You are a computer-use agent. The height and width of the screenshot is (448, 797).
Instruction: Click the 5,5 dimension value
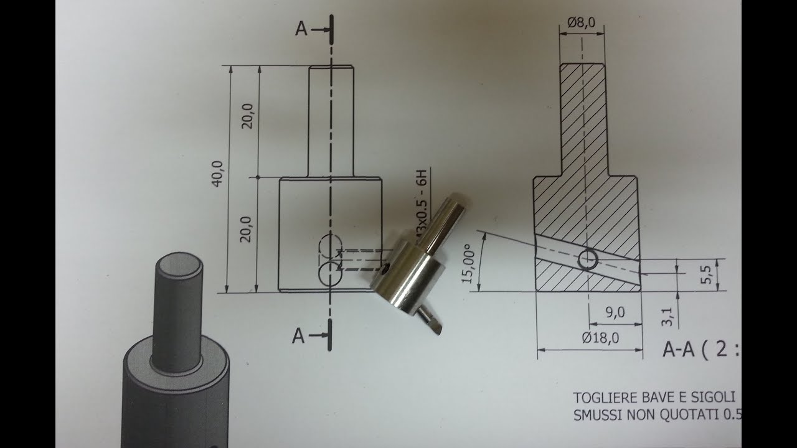(706, 274)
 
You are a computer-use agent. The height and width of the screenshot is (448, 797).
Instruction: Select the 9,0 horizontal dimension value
(615, 313)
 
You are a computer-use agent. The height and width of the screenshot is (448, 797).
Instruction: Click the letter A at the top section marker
(301, 29)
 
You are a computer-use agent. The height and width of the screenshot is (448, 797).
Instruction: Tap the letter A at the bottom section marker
(299, 337)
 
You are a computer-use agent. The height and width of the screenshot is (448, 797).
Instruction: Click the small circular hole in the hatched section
(587, 259)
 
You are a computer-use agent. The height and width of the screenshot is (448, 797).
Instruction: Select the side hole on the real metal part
(385, 270)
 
